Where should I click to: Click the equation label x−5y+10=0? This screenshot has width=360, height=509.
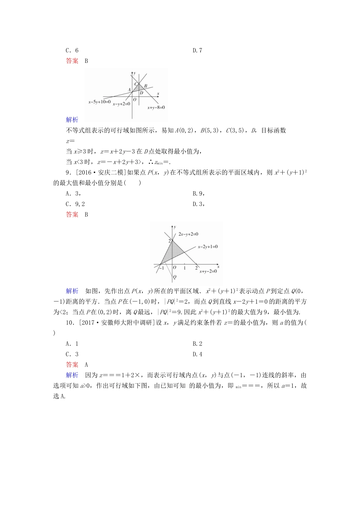99,102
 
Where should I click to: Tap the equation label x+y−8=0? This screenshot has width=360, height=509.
156,108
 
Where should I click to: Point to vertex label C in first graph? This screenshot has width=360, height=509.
136,84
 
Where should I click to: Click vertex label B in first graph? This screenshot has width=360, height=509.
146,86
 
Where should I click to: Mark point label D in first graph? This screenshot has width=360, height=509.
141,93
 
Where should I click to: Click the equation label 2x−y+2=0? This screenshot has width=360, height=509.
188,234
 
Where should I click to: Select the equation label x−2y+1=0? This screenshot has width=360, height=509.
208,247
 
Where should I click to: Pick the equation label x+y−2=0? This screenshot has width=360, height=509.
208,271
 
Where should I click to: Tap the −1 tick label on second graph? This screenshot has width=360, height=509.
161,268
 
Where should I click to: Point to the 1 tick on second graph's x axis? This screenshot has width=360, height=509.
185,268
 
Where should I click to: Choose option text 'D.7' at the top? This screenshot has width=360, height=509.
197,50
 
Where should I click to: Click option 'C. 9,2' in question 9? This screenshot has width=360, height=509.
75,204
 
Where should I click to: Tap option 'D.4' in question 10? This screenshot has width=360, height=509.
197,354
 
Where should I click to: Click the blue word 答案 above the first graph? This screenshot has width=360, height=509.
72,61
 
